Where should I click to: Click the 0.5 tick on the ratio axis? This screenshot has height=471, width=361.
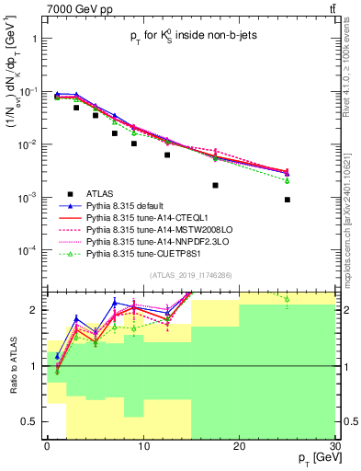(30, 421)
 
